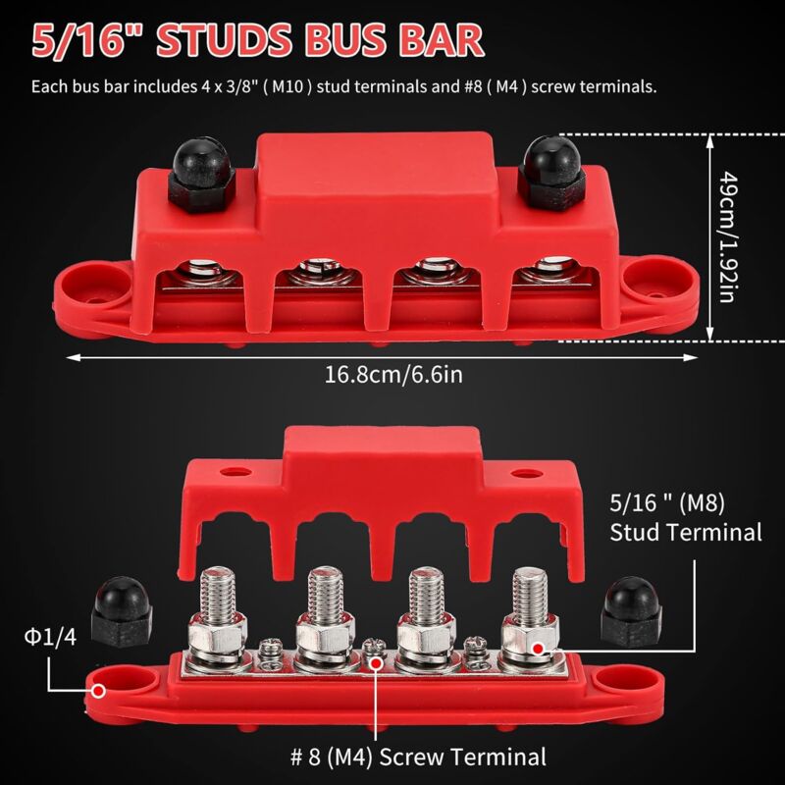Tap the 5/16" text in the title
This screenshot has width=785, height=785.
(89, 41)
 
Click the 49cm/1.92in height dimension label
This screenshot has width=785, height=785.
(727, 237)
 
